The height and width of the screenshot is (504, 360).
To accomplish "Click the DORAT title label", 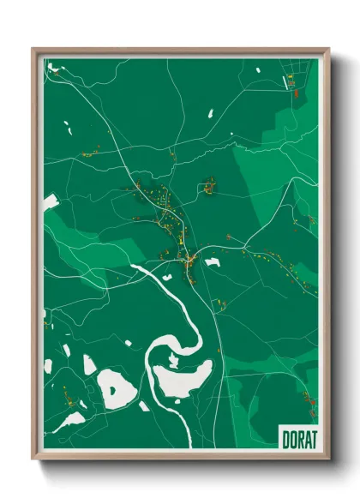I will [x=299, y=439].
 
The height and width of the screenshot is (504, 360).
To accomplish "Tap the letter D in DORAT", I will [x=285, y=439].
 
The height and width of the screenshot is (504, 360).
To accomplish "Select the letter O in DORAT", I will [x=292, y=439].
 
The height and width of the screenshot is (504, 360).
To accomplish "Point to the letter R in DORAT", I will [x=299, y=439].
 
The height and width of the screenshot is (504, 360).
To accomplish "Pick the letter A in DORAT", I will [x=306, y=439].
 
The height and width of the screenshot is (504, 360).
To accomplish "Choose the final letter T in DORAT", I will [x=313, y=439].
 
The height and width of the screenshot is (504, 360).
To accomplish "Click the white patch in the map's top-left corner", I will [x=51, y=66].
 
